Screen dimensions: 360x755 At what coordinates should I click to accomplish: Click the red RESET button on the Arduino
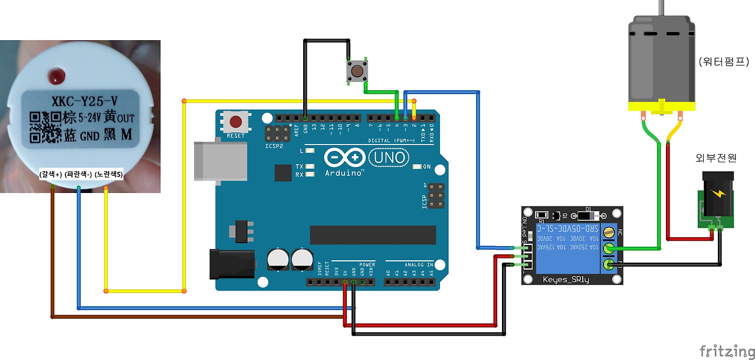[x=236, y=122]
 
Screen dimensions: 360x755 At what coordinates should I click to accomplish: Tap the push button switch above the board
[x=356, y=71]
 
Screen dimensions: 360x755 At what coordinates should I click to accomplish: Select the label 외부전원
[x=716, y=158]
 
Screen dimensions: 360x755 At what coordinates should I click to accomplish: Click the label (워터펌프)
[x=723, y=61]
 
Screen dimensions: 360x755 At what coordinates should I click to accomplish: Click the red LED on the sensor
[x=58, y=76]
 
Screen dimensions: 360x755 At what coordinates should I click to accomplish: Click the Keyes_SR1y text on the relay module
[x=566, y=279]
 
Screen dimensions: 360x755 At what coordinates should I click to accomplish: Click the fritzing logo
[x=727, y=351]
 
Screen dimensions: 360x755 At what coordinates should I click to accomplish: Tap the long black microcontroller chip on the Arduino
[x=373, y=234]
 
